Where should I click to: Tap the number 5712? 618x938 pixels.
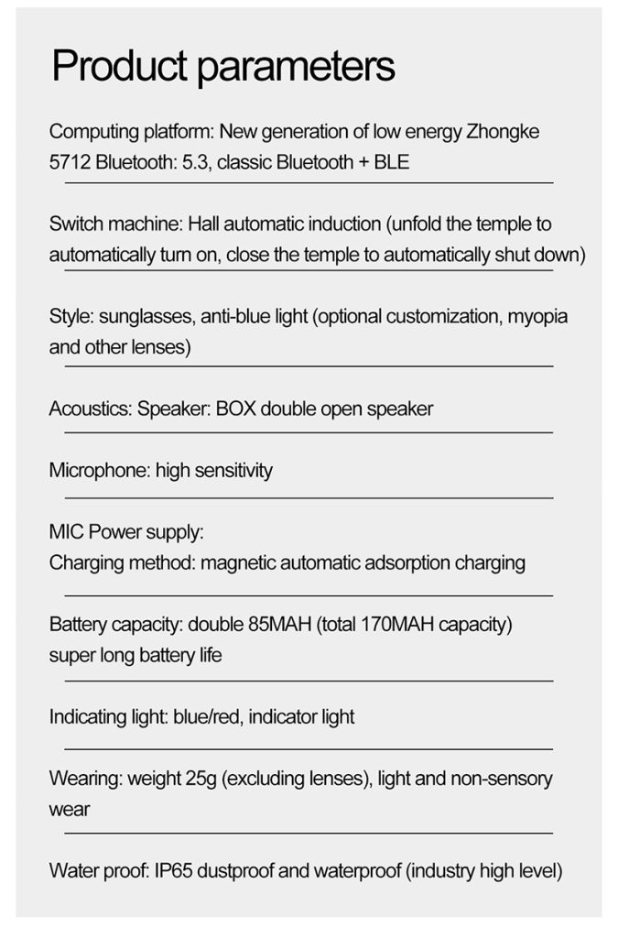pos(69,163)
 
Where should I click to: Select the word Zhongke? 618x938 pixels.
pos(503,131)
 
